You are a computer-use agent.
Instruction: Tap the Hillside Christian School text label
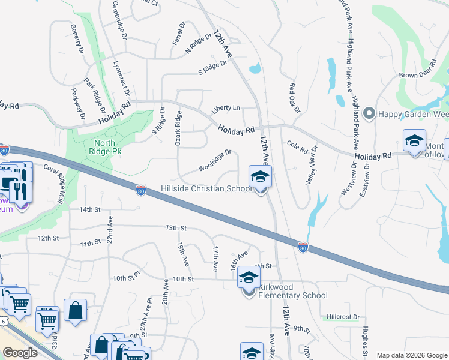206,189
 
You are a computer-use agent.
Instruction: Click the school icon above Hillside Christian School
261,176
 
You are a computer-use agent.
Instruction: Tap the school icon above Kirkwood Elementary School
249,278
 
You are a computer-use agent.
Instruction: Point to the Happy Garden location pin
369,113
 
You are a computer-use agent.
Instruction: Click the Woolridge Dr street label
214,161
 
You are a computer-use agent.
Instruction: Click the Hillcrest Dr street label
343,316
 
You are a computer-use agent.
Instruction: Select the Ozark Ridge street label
178,127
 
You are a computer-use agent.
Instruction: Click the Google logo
20,353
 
